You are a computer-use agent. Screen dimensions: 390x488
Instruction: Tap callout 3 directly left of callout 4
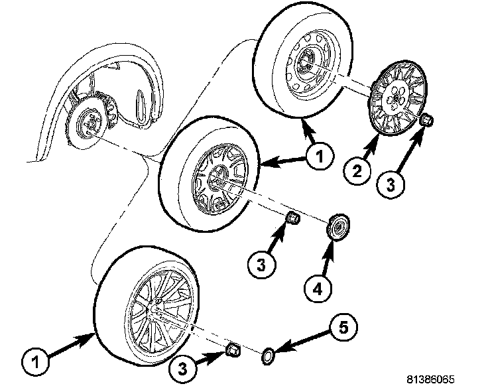pos(261,265)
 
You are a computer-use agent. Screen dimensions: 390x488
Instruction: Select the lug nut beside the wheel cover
pos(426,121)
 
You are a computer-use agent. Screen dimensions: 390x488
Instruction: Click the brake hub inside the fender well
pos(86,123)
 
